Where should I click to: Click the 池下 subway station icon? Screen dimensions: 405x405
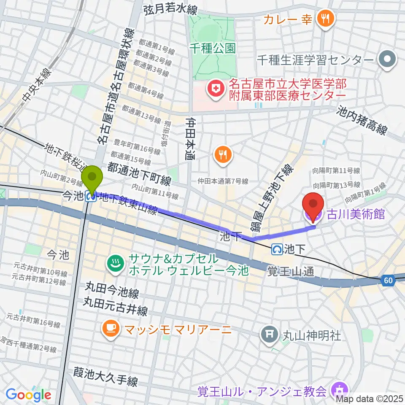[278, 249]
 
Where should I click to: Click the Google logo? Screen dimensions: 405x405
[28, 395]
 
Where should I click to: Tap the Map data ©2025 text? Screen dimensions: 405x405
[370, 398]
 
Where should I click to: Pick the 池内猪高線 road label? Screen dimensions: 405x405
[362, 120]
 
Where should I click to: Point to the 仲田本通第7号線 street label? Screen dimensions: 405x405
[223, 181]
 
